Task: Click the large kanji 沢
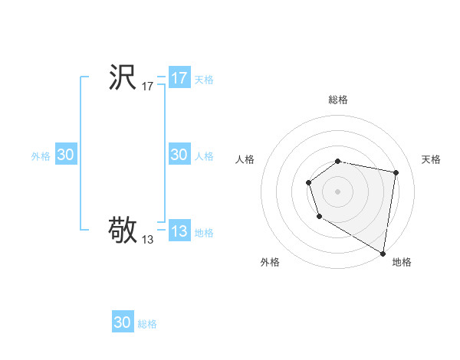[123, 77]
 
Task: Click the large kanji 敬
[123, 229]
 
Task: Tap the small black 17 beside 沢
[148, 87]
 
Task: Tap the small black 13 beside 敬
[148, 240]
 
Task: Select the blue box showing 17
[179, 78]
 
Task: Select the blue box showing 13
[179, 231]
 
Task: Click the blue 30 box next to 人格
[179, 155]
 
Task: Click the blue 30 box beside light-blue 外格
[66, 155]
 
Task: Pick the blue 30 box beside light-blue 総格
[123, 322]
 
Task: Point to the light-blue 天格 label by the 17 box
[204, 79]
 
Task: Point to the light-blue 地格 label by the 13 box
[204, 233]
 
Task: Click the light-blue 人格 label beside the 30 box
[204, 156]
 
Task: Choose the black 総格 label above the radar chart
[338, 100]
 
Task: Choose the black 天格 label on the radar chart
[431, 159]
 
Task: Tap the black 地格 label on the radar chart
[402, 262]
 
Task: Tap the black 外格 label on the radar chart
[270, 262]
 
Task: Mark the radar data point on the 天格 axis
[396, 173]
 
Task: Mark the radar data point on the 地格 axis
[383, 253]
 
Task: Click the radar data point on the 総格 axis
[338, 161]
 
